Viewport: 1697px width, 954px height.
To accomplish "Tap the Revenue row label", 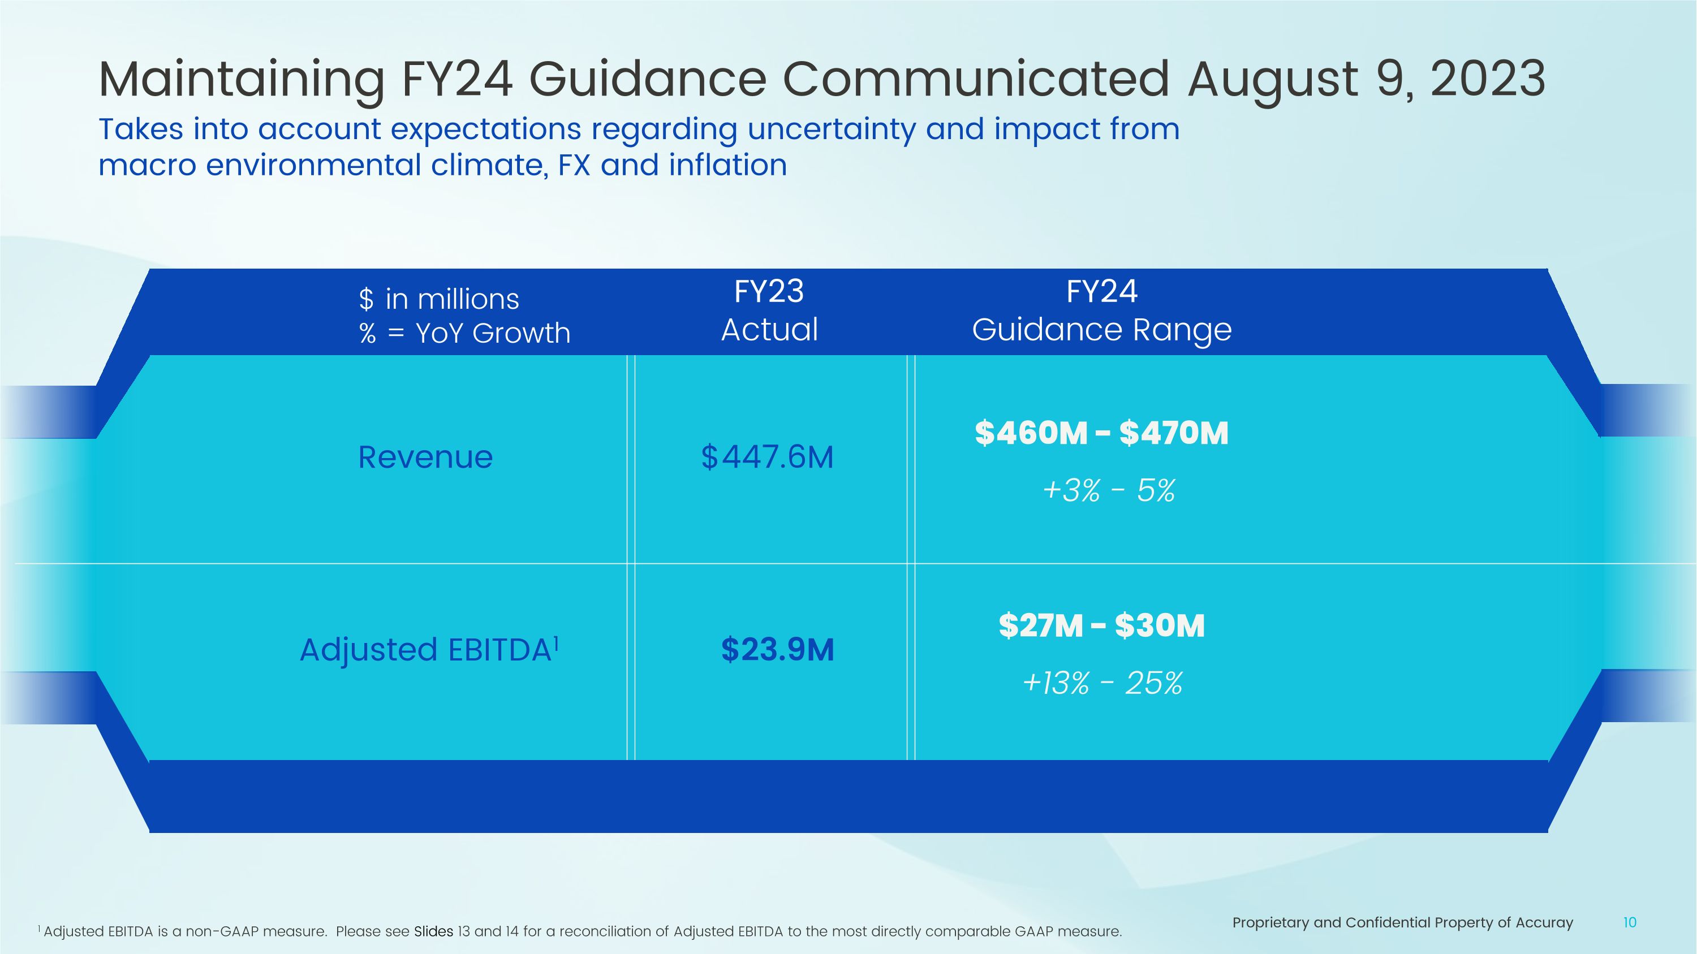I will pyautogui.click(x=425, y=457).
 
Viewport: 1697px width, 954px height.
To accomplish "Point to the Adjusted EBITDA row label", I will pyautogui.click(x=425, y=650).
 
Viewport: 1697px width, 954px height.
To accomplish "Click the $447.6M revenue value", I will pyautogui.click(x=768, y=457).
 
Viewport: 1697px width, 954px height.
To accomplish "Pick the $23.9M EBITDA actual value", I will pyautogui.click(x=777, y=650).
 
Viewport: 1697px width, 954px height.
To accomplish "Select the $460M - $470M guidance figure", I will pyautogui.click(x=1101, y=433).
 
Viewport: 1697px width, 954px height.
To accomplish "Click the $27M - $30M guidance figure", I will pyautogui.click(x=1101, y=625).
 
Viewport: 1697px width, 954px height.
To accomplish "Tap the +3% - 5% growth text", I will pyautogui.click(x=1109, y=490).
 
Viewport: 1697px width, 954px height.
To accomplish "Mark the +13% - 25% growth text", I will pyautogui.click(x=1102, y=683).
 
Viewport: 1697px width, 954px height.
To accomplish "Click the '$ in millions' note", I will pyautogui.click(x=439, y=300).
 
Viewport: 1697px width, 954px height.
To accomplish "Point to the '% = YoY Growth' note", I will pyautogui.click(x=464, y=333).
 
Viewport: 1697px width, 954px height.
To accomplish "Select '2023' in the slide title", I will pyautogui.click(x=1488, y=79).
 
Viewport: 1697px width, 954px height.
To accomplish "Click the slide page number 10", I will pyautogui.click(x=1629, y=923).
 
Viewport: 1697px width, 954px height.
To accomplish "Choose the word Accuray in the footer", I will pyautogui.click(x=1544, y=923).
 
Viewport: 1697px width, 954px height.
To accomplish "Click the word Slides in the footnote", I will pyautogui.click(x=433, y=931).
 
